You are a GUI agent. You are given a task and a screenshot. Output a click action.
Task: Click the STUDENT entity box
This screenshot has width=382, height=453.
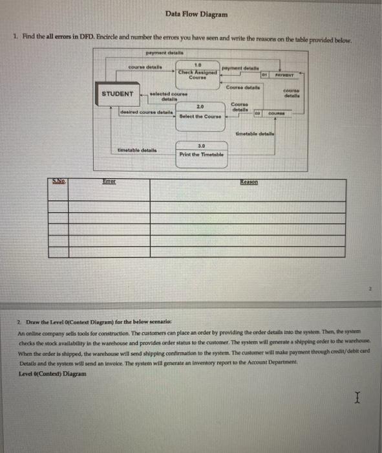click(x=118, y=94)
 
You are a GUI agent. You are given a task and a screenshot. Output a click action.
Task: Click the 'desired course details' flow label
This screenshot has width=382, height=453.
click(x=147, y=111)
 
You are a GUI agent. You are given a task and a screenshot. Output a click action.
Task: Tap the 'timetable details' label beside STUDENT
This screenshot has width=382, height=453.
click(x=136, y=149)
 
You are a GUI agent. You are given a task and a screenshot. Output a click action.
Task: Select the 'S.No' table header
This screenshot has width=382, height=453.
click(x=61, y=183)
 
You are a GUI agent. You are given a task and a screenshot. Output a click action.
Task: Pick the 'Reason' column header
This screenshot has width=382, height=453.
click(x=249, y=183)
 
